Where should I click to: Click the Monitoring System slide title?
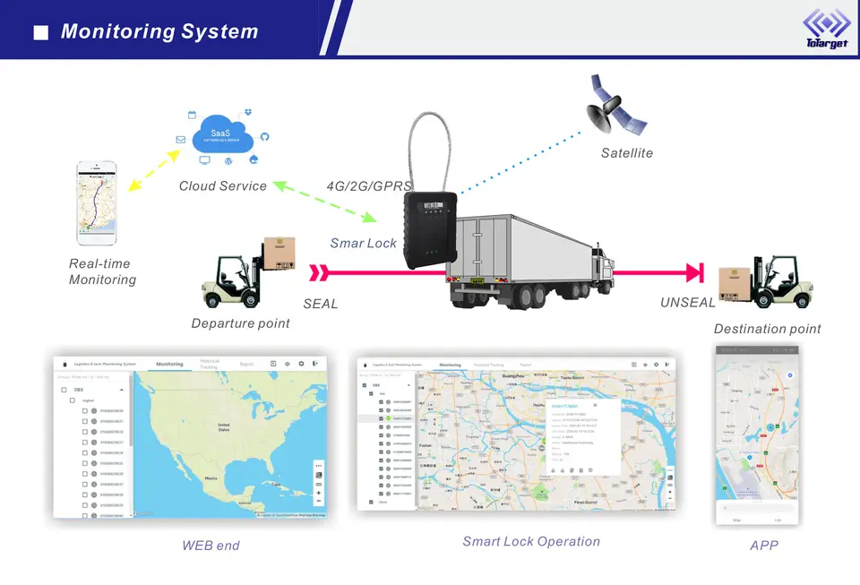(159, 32)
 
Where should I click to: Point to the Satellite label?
(626, 153)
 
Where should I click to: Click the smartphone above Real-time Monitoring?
(97, 202)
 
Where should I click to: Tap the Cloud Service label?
(222, 186)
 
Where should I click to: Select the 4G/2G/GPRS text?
(368, 186)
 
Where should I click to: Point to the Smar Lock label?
(363, 243)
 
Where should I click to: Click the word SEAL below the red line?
(320, 304)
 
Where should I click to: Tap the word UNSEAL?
(687, 303)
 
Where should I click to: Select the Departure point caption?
(240, 323)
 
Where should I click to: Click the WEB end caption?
(211, 545)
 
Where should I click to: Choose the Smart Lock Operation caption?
(530, 541)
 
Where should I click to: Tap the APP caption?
(765, 545)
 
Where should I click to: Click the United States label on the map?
(224, 427)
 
